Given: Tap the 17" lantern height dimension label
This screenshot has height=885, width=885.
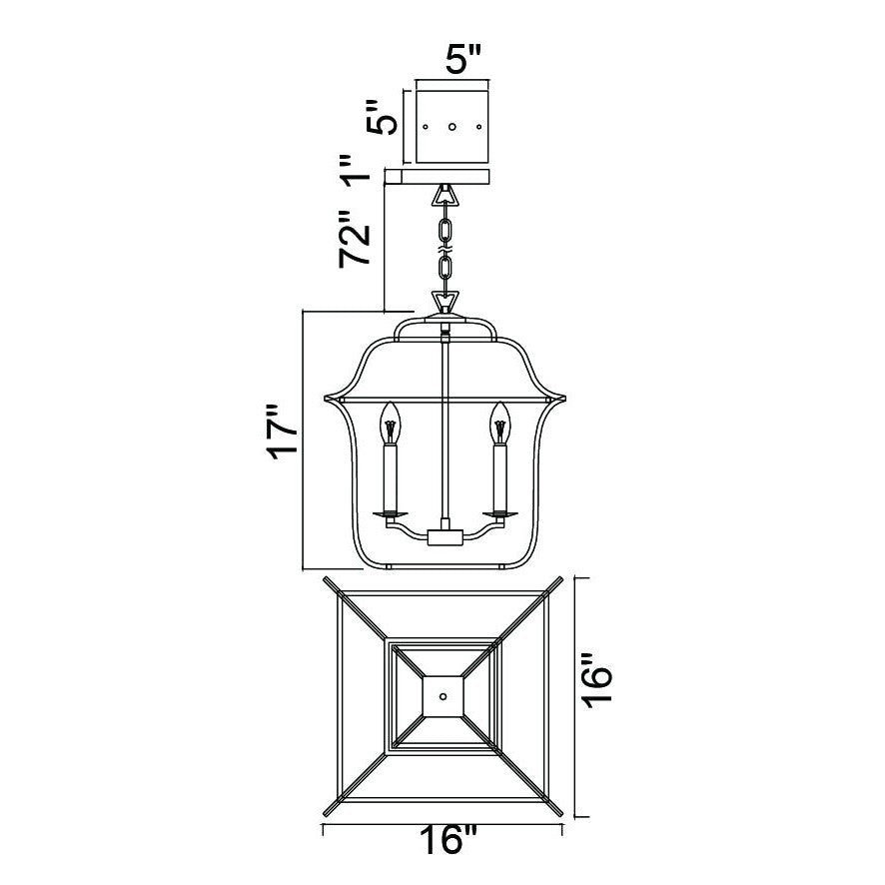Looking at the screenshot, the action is tap(283, 432).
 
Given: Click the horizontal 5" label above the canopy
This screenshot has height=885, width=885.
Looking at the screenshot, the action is tap(462, 58).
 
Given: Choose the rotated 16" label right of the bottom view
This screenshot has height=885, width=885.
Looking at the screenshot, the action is tap(596, 681).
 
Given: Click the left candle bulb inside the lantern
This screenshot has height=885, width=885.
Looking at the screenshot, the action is tap(390, 424).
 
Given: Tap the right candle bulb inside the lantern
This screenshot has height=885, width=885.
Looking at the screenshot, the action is tap(499, 424).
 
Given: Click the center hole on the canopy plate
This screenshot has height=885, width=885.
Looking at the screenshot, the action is tap(451, 127).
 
